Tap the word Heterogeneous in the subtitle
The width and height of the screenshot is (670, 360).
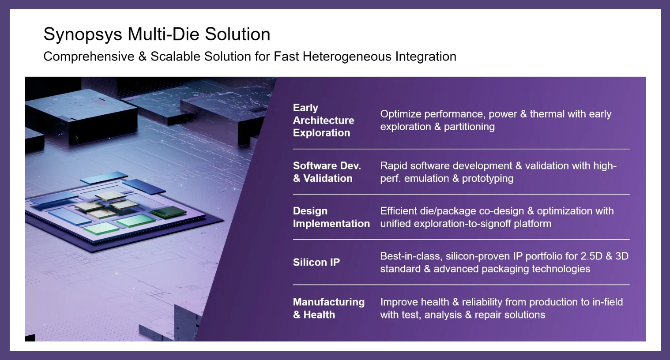pos(347,56)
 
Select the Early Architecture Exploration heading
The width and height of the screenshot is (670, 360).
pos(324,120)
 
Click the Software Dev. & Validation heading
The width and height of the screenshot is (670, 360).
pos(327,172)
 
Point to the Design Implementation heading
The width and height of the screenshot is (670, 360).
pos(331,217)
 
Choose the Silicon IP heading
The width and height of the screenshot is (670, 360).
pos(316,262)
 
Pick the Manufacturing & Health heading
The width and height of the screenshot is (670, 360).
pos(329,308)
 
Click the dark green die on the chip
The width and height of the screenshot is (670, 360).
pos(169,212)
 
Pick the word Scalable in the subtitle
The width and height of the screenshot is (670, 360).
pos(175,56)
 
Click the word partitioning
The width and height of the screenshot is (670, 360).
pos(469,127)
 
